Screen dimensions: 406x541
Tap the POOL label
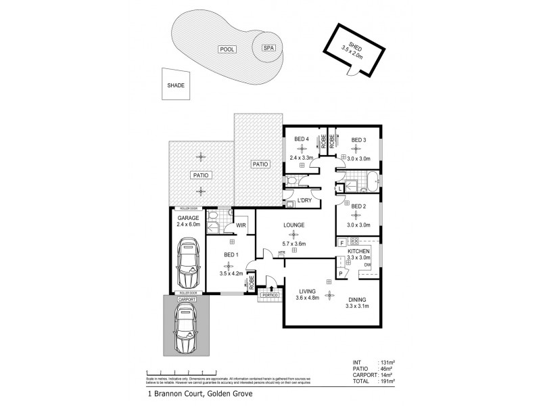225,50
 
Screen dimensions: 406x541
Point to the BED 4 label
302,139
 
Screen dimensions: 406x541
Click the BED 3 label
358,139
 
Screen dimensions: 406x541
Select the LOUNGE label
294,225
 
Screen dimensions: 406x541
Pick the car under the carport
186,329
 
